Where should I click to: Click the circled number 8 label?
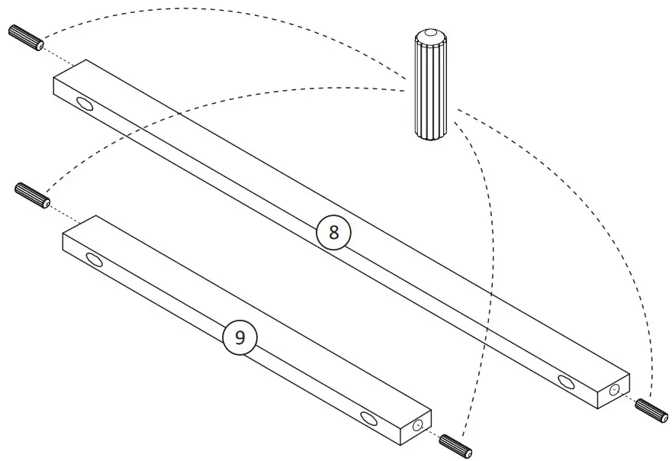point(333,233)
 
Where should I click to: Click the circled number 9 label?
point(240,338)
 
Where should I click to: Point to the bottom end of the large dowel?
point(432,135)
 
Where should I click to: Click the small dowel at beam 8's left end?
point(26,37)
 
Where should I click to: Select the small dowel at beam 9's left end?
point(33,195)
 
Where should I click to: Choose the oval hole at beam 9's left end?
point(95,260)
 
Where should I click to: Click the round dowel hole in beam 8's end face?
point(614,390)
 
